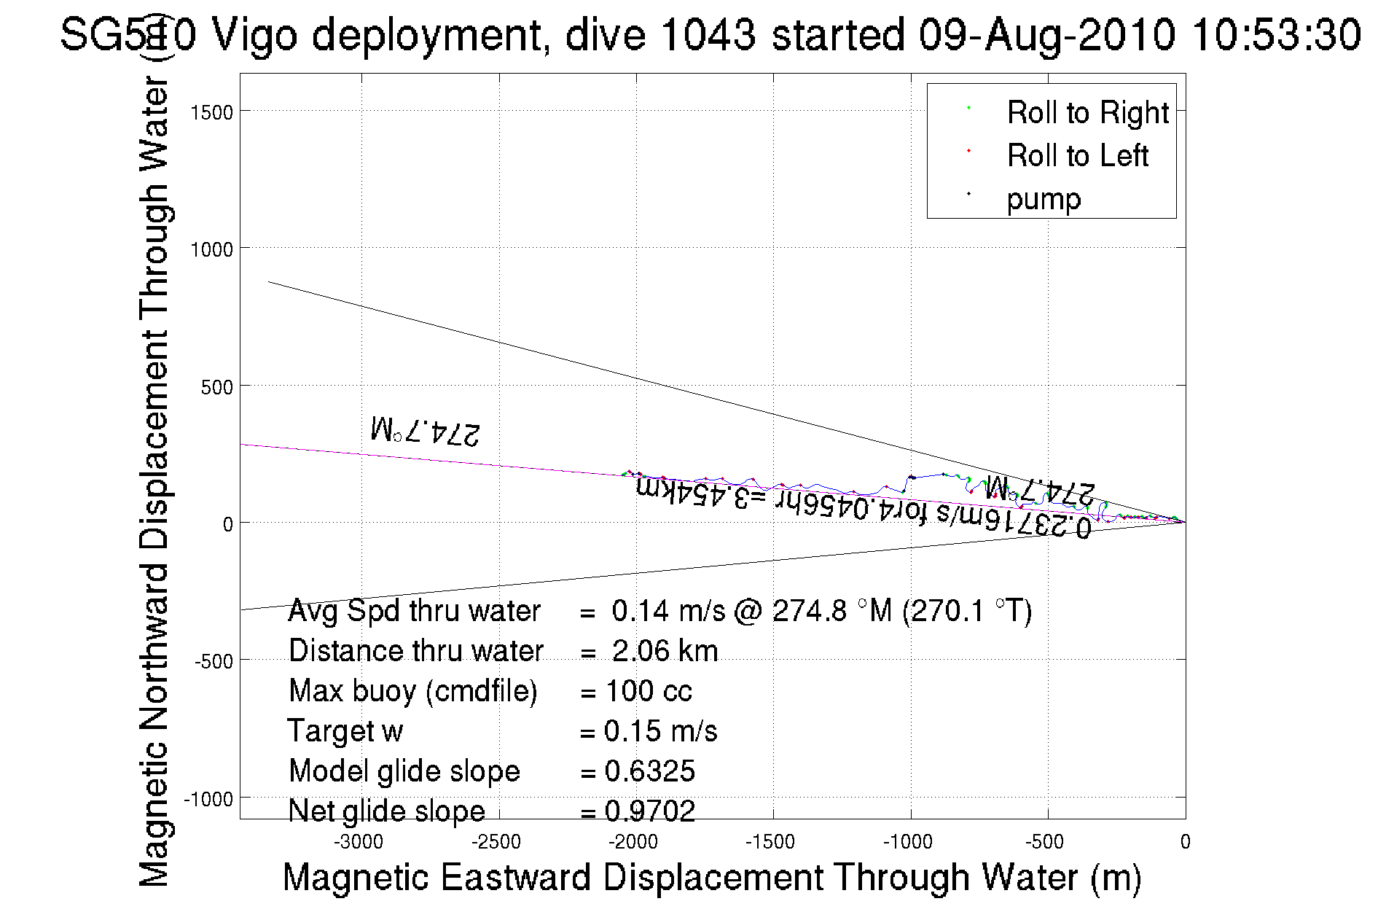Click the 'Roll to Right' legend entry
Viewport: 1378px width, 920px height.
[x=1087, y=113]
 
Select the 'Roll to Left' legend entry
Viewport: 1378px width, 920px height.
[x=1077, y=156]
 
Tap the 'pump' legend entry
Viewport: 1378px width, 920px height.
[x=1044, y=199]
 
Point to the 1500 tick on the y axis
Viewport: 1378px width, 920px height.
[x=211, y=112]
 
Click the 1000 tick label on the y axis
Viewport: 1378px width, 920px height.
[x=211, y=249]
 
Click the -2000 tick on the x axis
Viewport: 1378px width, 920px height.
[x=633, y=842]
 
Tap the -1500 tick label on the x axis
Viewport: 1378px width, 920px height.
[x=770, y=842]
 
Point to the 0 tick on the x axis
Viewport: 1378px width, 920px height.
[x=1185, y=842]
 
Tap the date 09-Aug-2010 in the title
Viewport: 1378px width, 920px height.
[x=1046, y=35]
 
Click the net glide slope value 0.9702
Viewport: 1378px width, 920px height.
[x=650, y=811]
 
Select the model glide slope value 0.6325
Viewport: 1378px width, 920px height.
[x=650, y=771]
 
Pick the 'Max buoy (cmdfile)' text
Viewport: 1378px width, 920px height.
[x=412, y=691]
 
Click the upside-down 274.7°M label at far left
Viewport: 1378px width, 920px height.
[x=426, y=430]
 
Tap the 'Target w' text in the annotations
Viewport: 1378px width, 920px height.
[x=345, y=731]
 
